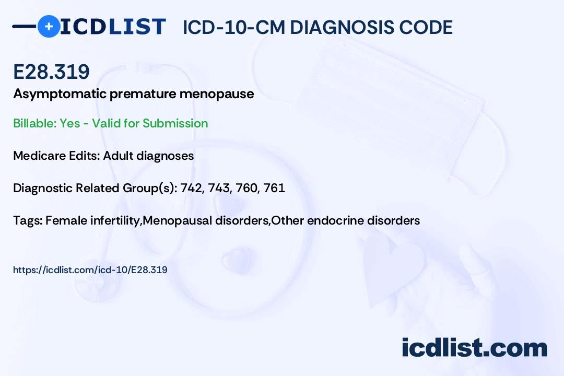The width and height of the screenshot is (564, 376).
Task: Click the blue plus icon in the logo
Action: click(49, 26)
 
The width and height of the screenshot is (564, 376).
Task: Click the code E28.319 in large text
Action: click(51, 72)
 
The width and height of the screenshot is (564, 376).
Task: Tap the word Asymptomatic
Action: click(60, 95)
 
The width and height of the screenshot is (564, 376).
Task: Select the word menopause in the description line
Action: click(217, 95)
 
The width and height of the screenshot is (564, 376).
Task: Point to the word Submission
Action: click(175, 123)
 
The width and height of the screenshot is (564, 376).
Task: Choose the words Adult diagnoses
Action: click(148, 156)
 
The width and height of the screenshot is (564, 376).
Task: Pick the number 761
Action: click(274, 188)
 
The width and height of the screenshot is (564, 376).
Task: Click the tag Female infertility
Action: click(93, 220)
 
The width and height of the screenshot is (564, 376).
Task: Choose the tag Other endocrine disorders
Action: click(345, 220)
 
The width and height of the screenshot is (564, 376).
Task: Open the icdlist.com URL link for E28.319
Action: click(90, 270)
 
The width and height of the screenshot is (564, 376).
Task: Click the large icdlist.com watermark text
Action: click(474, 348)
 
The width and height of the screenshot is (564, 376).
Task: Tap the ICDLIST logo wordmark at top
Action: click(113, 27)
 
